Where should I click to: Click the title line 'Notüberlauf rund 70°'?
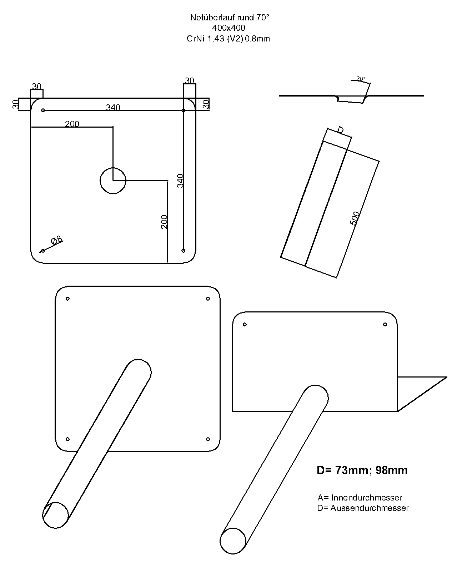tap(228, 18)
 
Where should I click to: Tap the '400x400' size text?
tap(228, 28)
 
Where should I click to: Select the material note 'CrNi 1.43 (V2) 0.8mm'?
tap(228, 39)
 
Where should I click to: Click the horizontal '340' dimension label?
tap(113, 107)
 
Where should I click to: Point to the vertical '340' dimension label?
tap(181, 181)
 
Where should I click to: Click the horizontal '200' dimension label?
tap(72, 124)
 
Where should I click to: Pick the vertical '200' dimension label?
tap(164, 222)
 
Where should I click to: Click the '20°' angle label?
tap(361, 78)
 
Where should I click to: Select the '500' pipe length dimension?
tap(355, 218)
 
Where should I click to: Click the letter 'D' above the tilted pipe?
tap(341, 130)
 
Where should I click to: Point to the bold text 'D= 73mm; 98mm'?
tap(362, 470)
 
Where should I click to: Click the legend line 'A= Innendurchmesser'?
tap(360, 497)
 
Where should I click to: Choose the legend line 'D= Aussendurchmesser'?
tap(363, 508)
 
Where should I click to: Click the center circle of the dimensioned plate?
tap(113, 181)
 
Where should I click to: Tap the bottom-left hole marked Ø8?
tap(43, 251)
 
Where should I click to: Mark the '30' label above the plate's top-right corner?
tap(190, 81)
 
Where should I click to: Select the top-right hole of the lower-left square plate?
tap(208, 299)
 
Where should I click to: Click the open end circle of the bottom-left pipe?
tap(56, 515)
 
